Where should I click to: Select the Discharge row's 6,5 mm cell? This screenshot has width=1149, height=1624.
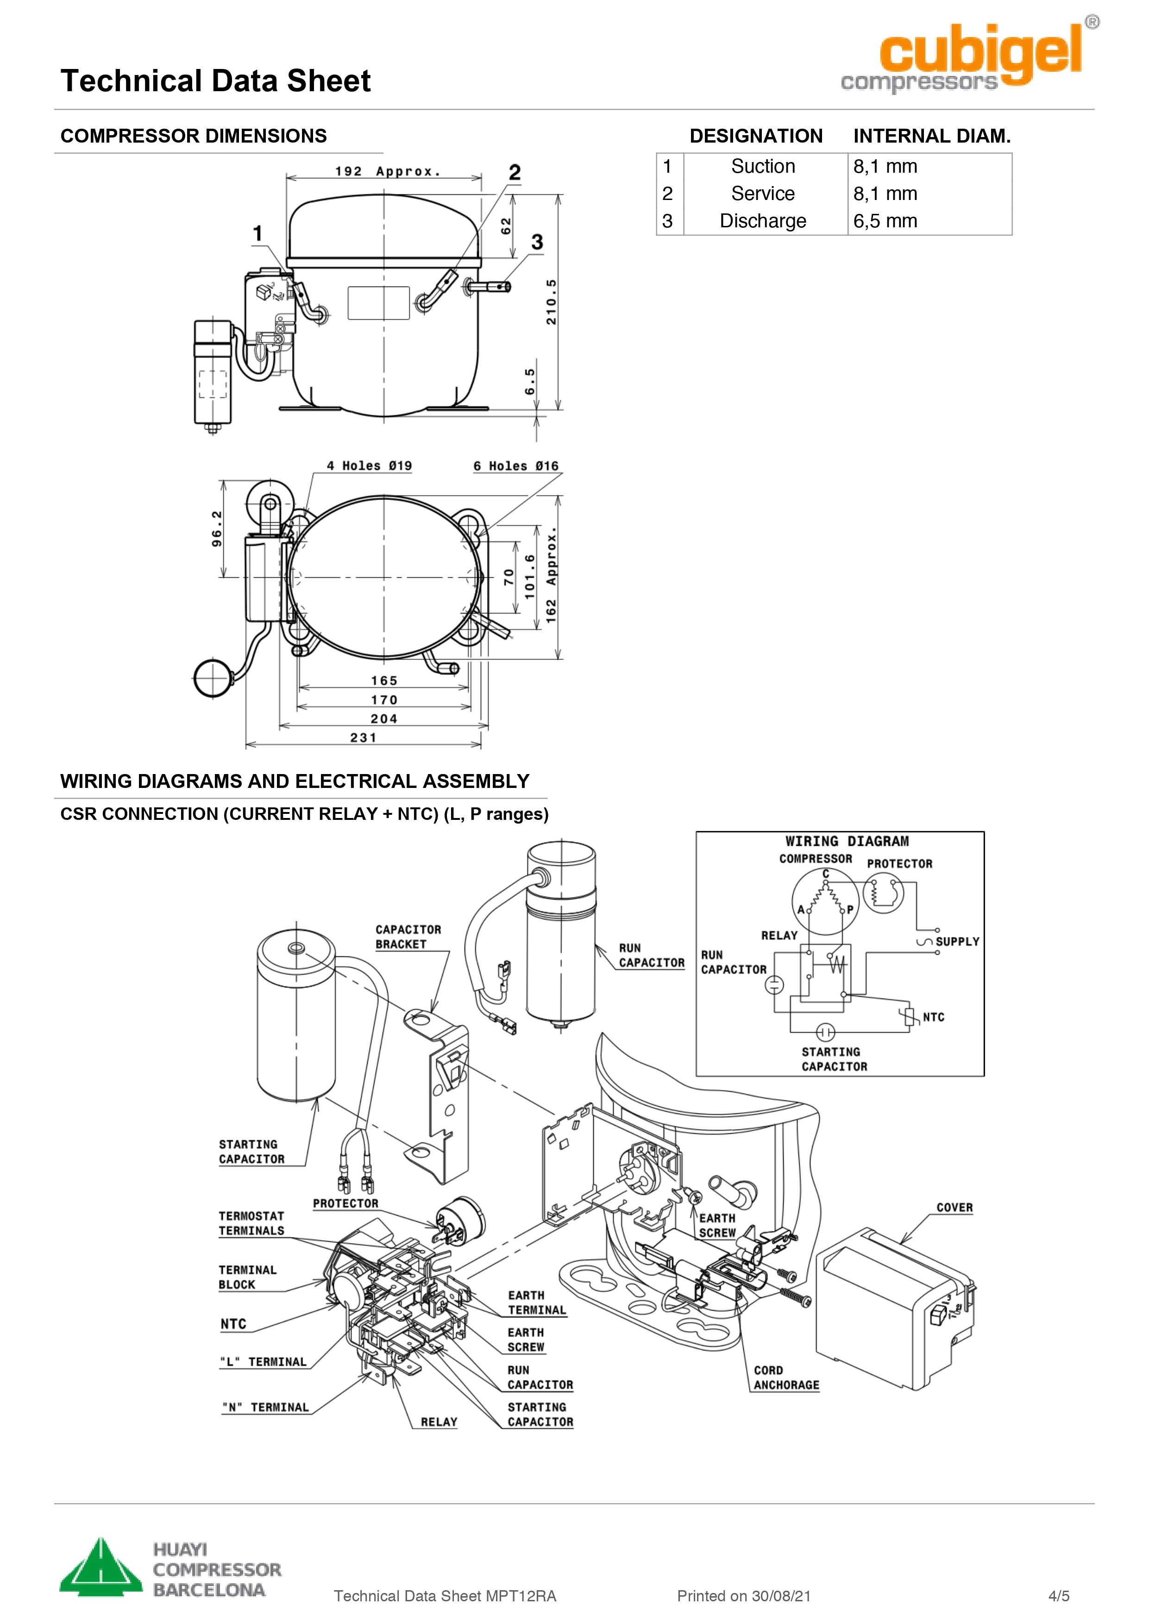tap(885, 221)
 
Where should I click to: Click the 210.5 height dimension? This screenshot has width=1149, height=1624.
tap(551, 302)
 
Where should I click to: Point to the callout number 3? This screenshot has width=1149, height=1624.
tap(537, 242)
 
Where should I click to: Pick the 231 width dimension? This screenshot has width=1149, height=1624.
tap(363, 738)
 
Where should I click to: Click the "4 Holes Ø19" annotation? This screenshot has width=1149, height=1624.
tap(369, 465)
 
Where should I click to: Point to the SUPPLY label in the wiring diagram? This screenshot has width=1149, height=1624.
tap(956, 942)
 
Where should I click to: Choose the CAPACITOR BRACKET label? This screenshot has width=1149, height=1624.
tap(408, 937)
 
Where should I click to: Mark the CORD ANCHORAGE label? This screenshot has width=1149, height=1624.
tap(785, 1378)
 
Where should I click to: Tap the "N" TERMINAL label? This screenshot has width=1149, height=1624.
tap(265, 1407)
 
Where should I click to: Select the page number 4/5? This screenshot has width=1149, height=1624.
tap(1058, 1596)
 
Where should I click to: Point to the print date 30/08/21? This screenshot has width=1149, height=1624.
tap(781, 1596)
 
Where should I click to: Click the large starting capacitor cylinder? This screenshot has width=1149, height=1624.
tap(296, 1018)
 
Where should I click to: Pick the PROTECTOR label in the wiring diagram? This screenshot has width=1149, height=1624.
tap(899, 864)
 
